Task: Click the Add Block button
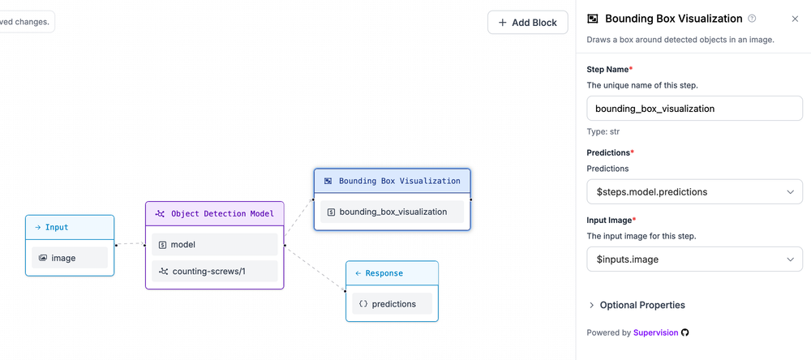tap(527, 23)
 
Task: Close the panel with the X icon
tap(795, 19)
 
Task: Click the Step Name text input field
tap(693, 108)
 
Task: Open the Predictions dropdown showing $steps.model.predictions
tap(693, 192)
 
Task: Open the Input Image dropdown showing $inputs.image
tap(693, 259)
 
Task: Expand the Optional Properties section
tap(637, 305)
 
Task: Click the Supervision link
tap(655, 332)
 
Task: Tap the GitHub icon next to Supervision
tap(685, 332)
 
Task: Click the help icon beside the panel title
tap(752, 19)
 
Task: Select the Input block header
tap(70, 228)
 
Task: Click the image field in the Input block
tap(70, 258)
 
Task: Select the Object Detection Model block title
tap(215, 213)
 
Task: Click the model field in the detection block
tap(215, 244)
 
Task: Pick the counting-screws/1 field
tap(215, 271)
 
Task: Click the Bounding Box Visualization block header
tap(392, 181)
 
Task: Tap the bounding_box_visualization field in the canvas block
tap(392, 212)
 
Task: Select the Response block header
tap(392, 273)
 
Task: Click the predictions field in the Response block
tap(392, 304)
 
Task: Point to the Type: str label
tap(603, 131)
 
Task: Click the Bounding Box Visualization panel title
tap(673, 19)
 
